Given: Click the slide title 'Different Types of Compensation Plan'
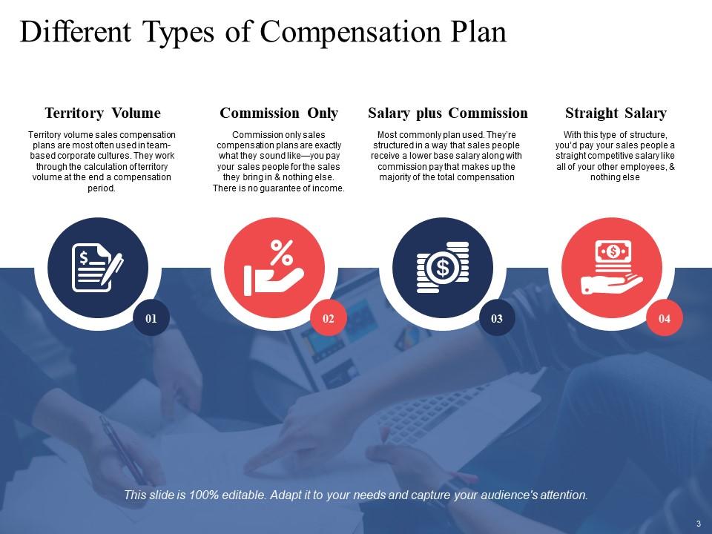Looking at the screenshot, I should pos(263,33).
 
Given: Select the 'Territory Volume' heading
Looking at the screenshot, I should pos(102,113).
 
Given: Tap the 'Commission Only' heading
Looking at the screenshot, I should pos(279,113).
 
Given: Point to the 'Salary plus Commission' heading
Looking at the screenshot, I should pos(448,113).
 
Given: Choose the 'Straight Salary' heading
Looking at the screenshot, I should pos(616,113).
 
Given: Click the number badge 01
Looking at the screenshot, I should pos(151,319).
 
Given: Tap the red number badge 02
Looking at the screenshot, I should pos(329,319).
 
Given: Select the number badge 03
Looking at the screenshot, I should pos(497,319).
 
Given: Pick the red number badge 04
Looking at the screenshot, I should pos(665,319).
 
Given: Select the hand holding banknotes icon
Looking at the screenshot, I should pos(613,268).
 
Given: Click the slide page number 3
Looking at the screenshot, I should pos(698,524).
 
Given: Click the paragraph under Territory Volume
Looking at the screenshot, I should pos(102,162).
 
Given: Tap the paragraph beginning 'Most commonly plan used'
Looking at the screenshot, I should pos(448,156).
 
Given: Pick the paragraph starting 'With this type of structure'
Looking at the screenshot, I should pos(616,156).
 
